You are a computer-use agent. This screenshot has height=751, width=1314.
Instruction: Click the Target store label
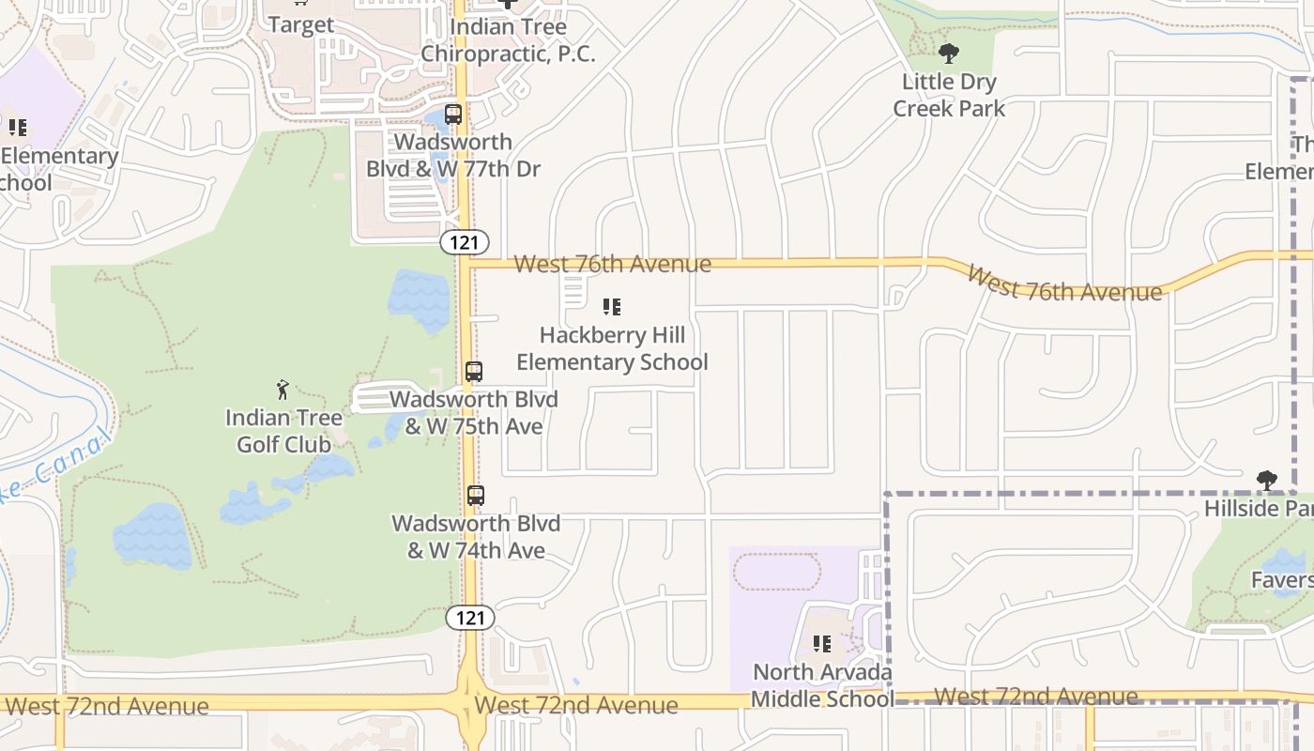(x=301, y=24)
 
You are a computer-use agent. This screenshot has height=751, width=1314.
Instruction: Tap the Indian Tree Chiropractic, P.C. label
(x=508, y=40)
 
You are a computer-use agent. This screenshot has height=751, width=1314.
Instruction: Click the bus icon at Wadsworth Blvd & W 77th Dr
(x=453, y=115)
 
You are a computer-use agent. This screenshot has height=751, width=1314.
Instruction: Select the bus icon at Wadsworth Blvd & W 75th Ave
(x=474, y=372)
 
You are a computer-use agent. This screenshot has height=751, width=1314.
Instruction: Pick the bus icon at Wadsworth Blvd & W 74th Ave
(x=476, y=496)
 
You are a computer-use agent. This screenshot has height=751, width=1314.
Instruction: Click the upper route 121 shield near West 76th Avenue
(x=464, y=242)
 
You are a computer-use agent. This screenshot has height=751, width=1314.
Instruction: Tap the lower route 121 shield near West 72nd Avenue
(x=469, y=617)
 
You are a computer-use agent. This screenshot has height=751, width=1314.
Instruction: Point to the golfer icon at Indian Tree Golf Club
(x=283, y=389)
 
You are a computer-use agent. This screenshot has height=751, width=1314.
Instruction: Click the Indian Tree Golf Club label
(x=283, y=431)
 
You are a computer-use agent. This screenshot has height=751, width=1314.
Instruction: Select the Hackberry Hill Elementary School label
(x=612, y=348)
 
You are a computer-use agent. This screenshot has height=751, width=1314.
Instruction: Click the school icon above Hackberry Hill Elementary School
(x=612, y=307)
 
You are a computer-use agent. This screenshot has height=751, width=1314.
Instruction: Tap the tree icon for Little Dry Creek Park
(x=949, y=54)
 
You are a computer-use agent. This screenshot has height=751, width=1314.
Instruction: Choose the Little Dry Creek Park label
(x=949, y=95)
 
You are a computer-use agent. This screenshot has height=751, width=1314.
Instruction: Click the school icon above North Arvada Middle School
(x=822, y=644)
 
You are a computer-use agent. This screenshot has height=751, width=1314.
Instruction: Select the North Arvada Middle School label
(x=822, y=685)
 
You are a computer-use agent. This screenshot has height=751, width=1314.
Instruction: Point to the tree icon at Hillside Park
(x=1267, y=481)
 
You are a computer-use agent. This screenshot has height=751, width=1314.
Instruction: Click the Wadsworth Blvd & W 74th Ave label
(x=476, y=537)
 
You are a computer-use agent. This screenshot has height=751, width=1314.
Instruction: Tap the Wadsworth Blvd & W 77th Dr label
(x=453, y=156)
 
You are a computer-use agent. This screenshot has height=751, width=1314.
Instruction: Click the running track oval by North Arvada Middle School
(x=775, y=572)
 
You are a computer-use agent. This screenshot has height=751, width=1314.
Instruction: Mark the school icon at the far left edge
(x=17, y=127)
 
